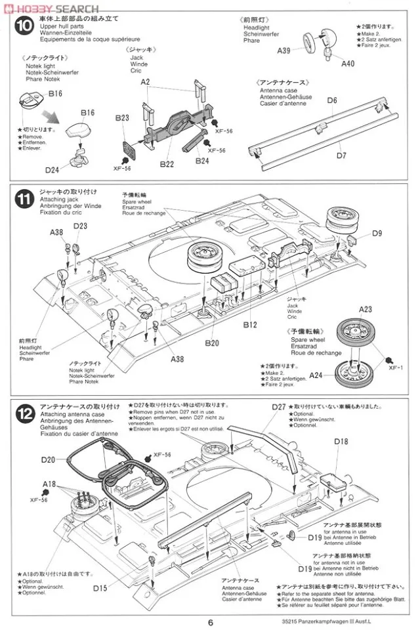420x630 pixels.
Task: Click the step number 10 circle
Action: click(24, 28)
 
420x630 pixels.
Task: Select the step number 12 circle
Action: click(24, 414)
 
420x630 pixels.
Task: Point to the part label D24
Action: click(52, 170)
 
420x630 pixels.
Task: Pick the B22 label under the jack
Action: click(166, 164)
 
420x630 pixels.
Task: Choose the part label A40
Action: click(348, 64)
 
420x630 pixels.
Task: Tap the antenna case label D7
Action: click(341, 156)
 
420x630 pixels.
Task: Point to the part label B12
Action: click(249, 324)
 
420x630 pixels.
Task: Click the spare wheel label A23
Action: click(365, 310)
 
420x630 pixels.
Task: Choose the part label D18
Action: click(341, 442)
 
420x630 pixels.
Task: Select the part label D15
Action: click(100, 587)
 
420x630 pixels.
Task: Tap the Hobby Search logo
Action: click(51, 8)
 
